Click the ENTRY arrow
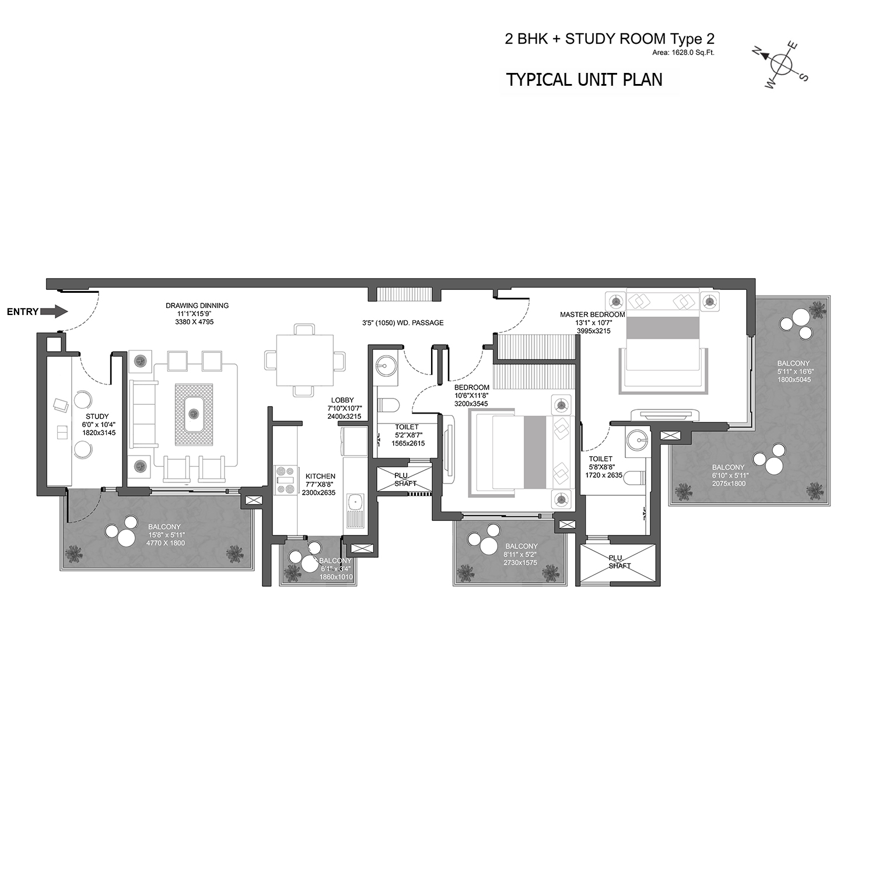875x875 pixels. point(56,311)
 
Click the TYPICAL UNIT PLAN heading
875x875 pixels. point(584,79)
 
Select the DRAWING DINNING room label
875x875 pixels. point(197,305)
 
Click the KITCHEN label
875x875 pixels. point(320,476)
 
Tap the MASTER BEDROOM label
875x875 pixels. point(592,314)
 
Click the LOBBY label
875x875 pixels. point(342,400)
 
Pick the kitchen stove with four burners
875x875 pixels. point(286,480)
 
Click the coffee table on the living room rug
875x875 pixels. point(193,414)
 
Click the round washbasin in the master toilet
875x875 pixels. point(638,437)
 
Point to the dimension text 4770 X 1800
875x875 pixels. point(166,543)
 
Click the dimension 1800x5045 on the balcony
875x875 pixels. point(794,380)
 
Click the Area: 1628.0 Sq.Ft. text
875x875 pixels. point(684,53)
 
